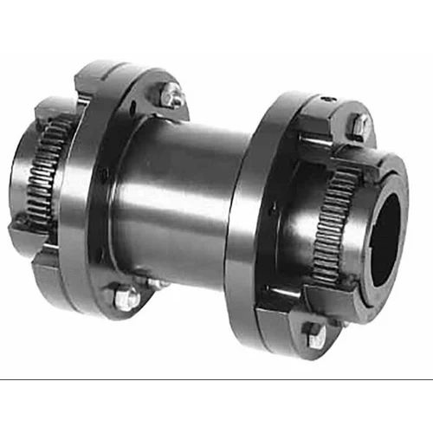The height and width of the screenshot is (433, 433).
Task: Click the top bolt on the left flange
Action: pyautogui.click(x=170, y=94)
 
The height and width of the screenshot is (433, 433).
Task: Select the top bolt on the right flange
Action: pyautogui.click(x=358, y=125)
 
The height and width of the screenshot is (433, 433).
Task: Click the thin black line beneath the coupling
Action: pyautogui.click(x=216, y=379)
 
